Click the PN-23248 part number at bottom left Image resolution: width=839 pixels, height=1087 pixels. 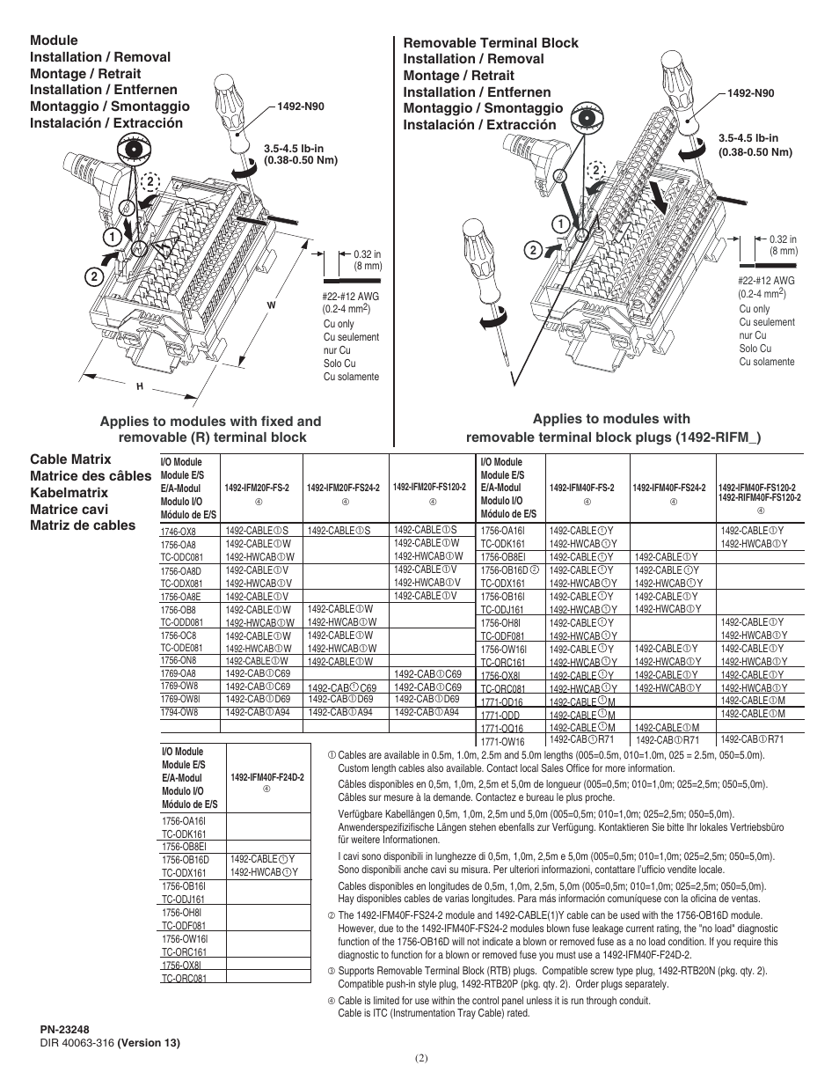pyautogui.click(x=64, y=1028)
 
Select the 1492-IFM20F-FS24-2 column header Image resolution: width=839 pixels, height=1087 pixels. pyautogui.click(x=344, y=488)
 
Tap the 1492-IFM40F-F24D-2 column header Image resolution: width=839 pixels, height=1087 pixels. pyautogui.click(x=267, y=778)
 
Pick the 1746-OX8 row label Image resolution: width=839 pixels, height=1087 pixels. pyautogui.click(x=179, y=531)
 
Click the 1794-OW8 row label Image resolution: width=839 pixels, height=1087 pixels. pyautogui.click(x=179, y=713)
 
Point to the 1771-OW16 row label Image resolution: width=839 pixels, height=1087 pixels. pyautogui.click(x=500, y=741)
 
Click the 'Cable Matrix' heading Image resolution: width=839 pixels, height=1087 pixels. pyautogui.click(x=70, y=459)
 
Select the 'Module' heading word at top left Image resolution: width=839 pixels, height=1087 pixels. pyautogui.click(x=54, y=40)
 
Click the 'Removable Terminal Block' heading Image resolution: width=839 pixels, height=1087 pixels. pyautogui.click(x=491, y=42)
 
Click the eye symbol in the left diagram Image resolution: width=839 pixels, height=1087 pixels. pyautogui.click(x=135, y=151)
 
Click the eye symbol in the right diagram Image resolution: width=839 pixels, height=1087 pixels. pyautogui.click(x=583, y=118)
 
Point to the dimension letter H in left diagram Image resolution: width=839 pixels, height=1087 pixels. pyautogui.click(x=139, y=386)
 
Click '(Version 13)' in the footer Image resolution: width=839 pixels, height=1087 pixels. pyautogui.click(x=149, y=1043)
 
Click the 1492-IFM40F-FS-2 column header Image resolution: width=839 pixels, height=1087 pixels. pyautogui.click(x=581, y=488)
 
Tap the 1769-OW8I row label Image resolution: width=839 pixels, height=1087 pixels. pyautogui.click(x=180, y=700)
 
